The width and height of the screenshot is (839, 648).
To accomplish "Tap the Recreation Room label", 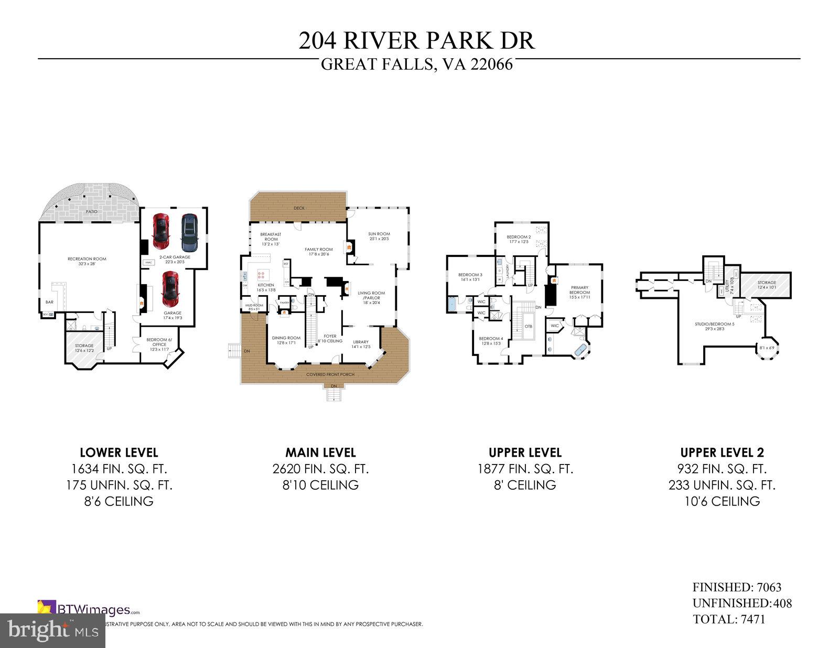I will tap(87, 258).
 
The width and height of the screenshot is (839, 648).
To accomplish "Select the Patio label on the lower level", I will tap(91, 211).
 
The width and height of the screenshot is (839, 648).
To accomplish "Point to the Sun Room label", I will tap(379, 234).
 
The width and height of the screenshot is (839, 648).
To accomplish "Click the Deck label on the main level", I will tap(299, 208).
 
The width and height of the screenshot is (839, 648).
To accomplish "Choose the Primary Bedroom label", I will tap(579, 290).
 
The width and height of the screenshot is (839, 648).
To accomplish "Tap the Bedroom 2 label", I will tap(519, 237).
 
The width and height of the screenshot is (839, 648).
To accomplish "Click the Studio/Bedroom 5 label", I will tap(715, 324).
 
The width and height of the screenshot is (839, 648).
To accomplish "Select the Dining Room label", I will tap(286, 338).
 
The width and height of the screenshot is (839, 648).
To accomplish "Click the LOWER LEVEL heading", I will tap(119, 452).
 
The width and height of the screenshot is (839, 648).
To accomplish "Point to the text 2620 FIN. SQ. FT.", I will tap(320, 469).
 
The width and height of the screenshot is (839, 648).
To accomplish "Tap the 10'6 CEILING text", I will tap(722, 501).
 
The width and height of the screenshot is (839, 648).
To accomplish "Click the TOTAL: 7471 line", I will tap(728, 619).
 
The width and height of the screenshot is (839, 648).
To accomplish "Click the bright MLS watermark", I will tap(52, 629).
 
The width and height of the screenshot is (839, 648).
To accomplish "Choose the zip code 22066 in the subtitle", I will tap(491, 64).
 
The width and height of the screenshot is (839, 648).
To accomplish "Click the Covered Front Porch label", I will tap(330, 374).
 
